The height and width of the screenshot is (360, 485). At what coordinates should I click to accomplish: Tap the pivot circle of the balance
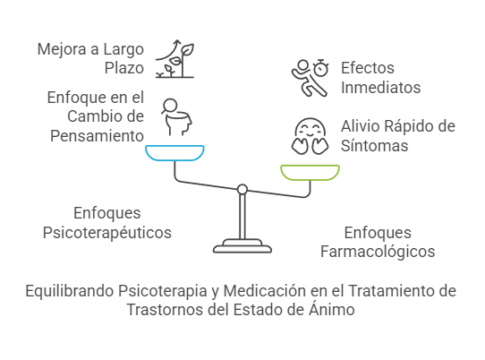[x=242, y=190]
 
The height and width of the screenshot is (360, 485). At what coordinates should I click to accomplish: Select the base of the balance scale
[x=242, y=246]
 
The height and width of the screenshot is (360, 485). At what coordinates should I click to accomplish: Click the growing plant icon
[x=175, y=59]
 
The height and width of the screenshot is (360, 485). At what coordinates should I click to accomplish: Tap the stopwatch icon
[x=320, y=67]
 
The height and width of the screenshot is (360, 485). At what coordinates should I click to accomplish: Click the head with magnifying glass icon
[x=176, y=117]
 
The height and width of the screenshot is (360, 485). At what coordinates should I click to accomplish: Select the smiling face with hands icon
[x=310, y=136]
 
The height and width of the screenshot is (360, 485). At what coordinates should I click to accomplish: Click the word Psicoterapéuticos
[x=107, y=233]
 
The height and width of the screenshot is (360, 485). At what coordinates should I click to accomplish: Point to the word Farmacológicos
[x=378, y=252]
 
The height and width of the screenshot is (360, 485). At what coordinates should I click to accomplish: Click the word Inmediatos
[x=381, y=87]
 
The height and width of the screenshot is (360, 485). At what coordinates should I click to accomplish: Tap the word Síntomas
[x=374, y=145]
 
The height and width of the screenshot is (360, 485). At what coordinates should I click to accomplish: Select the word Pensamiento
[x=98, y=136]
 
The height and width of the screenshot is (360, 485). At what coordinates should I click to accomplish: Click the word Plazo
[x=124, y=68]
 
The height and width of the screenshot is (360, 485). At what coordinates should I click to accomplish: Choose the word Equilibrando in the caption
[x=70, y=291]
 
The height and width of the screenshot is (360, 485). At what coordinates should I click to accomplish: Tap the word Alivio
[x=358, y=126]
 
